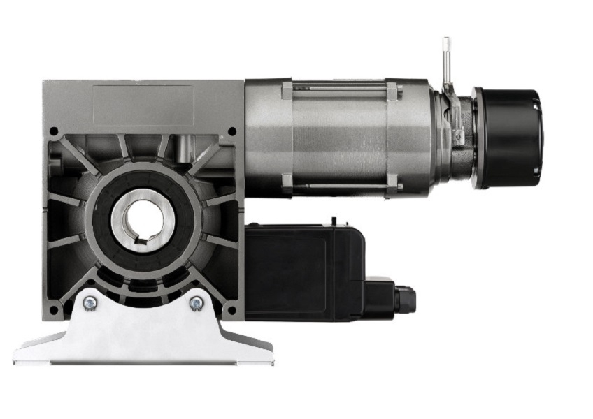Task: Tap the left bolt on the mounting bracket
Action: point(90,303)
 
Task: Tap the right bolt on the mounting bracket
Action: point(197,303)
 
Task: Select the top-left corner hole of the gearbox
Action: point(54,131)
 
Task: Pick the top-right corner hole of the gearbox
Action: point(232,131)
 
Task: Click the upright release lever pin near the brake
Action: point(445,59)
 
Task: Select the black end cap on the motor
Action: point(508,138)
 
